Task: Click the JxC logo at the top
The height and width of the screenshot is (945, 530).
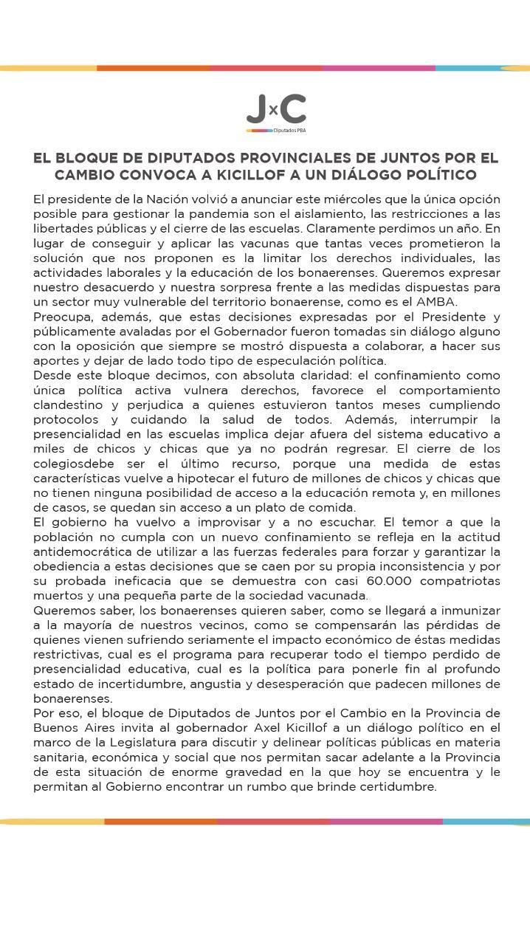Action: point(275,110)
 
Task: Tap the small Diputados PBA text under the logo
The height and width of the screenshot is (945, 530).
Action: point(289,131)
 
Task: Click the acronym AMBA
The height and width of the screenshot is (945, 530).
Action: point(436,302)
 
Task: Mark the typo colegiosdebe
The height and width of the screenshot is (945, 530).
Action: point(76,464)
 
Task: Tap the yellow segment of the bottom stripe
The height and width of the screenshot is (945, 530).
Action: point(52,821)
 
